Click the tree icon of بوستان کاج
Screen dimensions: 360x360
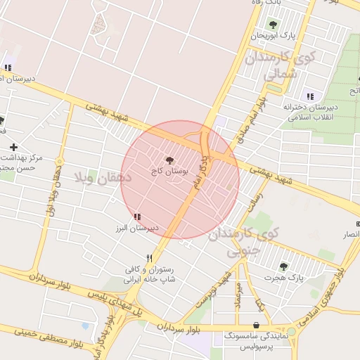coord(169,160)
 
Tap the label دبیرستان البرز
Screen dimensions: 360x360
coord(139,229)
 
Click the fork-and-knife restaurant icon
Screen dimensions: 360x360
coord(149,257)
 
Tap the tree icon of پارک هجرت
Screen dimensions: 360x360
coord(283,266)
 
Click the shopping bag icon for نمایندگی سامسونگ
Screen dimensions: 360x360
coord(255,325)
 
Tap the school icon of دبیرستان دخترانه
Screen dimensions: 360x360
coord(309,96)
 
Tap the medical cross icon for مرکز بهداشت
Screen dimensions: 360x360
coord(13,147)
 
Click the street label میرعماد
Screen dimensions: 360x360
coord(239,296)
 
